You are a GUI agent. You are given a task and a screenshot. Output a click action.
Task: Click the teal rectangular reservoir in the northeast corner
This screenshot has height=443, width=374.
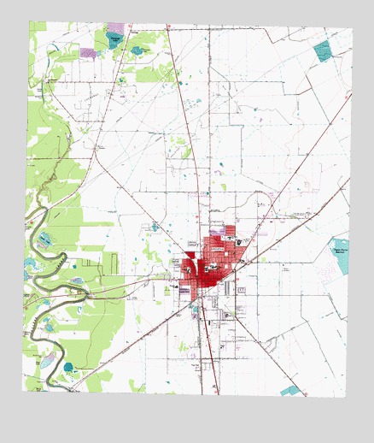point(323,50)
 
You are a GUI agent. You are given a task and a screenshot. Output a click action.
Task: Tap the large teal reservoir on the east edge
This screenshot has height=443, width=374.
point(340,255)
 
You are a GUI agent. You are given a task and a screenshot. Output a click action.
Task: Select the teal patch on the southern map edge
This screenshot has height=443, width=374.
point(291,390)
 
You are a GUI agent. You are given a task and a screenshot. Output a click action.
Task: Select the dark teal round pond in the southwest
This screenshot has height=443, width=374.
point(68,367)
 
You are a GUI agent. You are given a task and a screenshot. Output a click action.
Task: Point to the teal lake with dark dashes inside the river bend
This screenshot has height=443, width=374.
point(44,240)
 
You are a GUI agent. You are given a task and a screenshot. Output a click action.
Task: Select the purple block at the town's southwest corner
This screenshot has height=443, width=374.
point(184,290)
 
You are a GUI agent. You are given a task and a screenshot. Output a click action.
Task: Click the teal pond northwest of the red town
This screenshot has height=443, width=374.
point(155,227)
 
